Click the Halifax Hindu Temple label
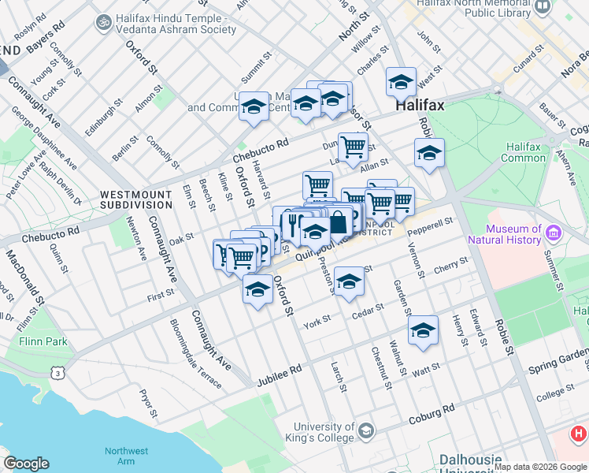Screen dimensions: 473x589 175,23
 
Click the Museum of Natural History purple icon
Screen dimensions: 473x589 554,233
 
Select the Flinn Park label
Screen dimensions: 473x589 44,342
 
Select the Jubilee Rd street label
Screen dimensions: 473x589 280,374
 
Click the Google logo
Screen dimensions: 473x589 26,464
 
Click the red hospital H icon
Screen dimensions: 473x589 579,433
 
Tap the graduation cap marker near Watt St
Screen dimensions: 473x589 423,330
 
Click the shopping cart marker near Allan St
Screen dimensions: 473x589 353,146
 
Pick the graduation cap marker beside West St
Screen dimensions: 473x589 401,82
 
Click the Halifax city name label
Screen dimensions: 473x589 420,105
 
